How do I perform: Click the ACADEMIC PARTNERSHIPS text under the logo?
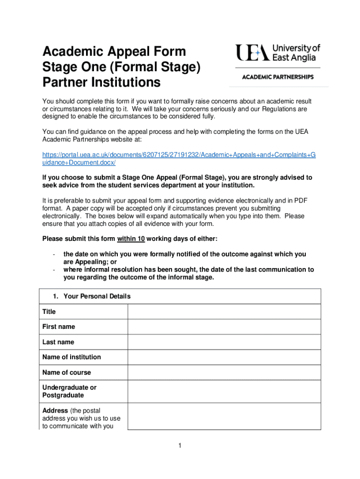278,77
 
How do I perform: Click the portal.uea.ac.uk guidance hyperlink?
179,158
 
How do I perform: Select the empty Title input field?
224,312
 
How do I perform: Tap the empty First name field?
224,327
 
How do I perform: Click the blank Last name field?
224,342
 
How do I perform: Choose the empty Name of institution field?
224,357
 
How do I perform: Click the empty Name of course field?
224,372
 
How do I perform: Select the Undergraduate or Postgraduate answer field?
224,392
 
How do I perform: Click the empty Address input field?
224,416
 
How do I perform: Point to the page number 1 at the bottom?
180,446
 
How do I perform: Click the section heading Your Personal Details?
97,296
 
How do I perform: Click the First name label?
58,327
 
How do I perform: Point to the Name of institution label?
72,357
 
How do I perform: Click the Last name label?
58,342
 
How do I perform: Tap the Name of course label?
66,372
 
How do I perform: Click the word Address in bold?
55,411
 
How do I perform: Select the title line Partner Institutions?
101,83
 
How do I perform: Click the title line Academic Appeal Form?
114,51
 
